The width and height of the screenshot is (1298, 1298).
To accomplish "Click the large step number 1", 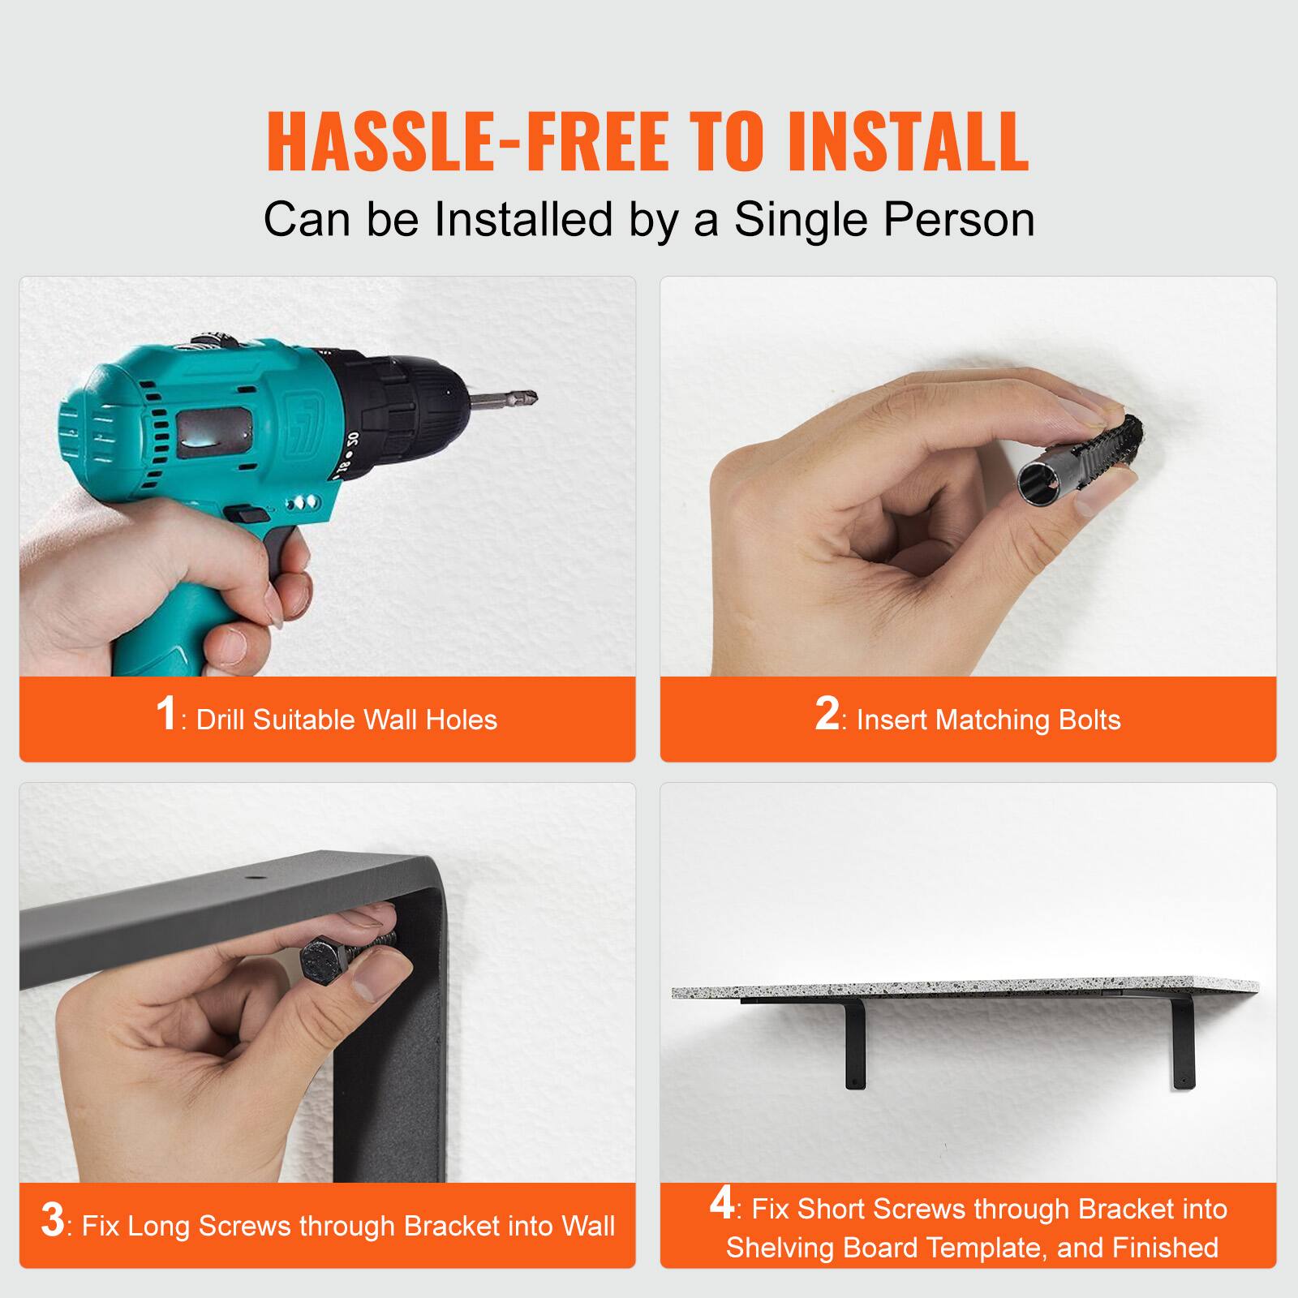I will coord(165,714).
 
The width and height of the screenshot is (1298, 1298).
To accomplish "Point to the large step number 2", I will coord(827,714).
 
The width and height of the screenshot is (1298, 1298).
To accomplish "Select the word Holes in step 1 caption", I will coord(461,720).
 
